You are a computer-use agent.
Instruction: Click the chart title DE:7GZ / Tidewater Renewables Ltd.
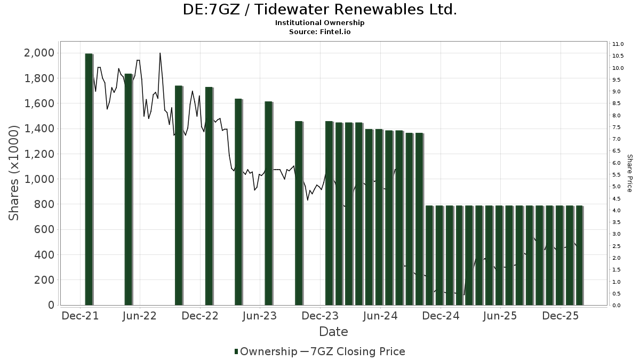[x=320, y=10]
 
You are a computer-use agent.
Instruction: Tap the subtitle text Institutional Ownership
[x=320, y=23]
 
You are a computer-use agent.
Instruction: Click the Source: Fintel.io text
[x=320, y=32]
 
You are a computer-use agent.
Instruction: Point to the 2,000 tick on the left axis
[x=39, y=53]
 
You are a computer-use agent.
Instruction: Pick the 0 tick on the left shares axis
[x=51, y=305]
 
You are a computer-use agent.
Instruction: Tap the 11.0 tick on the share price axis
[x=619, y=44]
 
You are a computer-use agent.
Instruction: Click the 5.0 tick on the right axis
[x=617, y=187]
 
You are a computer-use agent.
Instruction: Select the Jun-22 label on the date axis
[x=140, y=316]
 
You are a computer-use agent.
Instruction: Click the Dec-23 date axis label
[x=320, y=316]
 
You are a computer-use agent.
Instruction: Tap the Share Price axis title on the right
[x=629, y=173]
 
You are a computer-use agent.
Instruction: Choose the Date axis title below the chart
[x=333, y=332]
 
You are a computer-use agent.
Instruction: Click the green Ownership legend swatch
[x=236, y=351]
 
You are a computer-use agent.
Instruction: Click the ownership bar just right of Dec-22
[x=209, y=196]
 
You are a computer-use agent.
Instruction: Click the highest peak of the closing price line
[x=160, y=53]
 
